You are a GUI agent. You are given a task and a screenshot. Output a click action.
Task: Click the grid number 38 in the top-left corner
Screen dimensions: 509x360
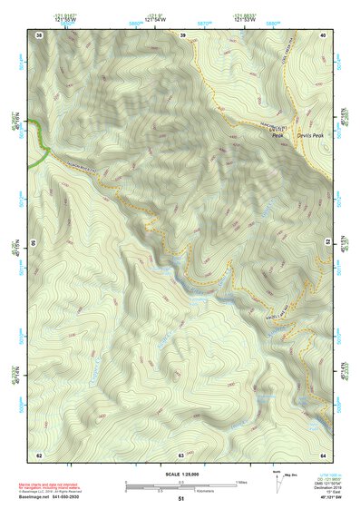(39, 34)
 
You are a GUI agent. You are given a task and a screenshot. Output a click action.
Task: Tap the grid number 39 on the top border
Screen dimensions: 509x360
(182, 34)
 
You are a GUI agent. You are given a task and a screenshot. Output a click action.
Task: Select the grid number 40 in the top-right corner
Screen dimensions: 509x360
(324, 34)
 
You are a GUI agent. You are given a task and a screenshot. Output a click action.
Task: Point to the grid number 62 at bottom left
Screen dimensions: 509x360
(39, 454)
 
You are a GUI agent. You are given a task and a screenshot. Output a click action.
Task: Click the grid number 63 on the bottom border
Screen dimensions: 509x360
(182, 454)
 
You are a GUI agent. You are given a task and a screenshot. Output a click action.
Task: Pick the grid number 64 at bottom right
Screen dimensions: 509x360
(324, 454)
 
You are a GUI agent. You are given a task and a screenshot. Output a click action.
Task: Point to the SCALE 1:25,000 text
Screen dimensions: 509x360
(180, 474)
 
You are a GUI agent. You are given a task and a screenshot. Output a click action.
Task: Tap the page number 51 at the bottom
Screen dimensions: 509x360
(181, 499)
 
